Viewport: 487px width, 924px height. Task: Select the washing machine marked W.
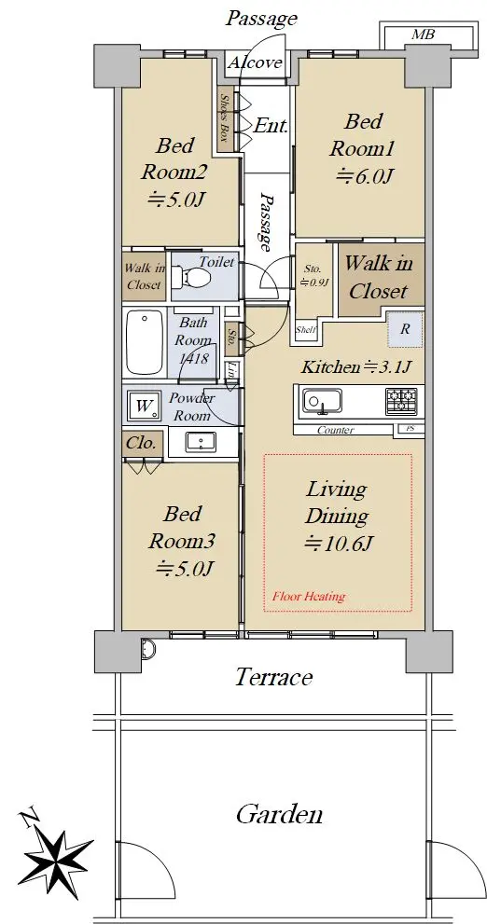pos(144,406)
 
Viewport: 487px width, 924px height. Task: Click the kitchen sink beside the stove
pos(323,401)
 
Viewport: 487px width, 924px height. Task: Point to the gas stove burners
pos(402,399)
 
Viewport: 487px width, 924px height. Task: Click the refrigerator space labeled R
pos(405,329)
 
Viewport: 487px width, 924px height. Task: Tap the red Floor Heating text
pos(309,597)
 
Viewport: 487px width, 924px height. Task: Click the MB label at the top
pos(423,34)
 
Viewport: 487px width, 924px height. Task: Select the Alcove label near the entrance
pos(255,62)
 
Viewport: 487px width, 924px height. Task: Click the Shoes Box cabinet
pos(225,118)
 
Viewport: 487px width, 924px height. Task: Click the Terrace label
pos(273,677)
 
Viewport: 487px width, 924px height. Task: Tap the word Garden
pos(279,814)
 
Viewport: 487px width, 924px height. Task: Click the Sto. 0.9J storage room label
pos(313,275)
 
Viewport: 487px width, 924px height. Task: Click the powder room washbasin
pos(201,442)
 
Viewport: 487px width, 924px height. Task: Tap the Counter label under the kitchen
pos(336,430)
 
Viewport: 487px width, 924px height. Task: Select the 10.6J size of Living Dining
pos(338,544)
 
